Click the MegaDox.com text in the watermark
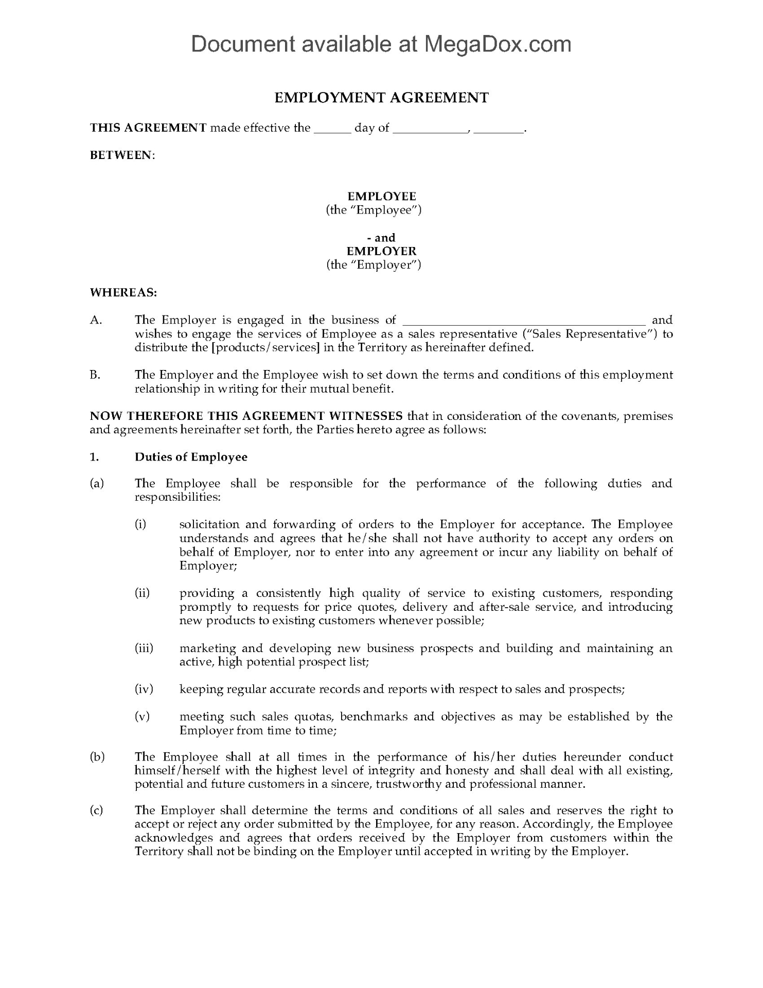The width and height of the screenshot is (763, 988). pos(497,44)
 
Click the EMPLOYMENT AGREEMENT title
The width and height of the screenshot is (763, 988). pos(381,98)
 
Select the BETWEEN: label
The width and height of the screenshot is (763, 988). pos(122,155)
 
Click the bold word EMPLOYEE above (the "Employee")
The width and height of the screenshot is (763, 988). pos(381,196)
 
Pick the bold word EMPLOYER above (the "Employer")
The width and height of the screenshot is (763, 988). pos(381,251)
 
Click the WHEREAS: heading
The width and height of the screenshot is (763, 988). pos(123,292)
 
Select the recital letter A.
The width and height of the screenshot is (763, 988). pos(96,320)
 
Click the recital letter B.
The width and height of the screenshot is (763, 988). pos(95,375)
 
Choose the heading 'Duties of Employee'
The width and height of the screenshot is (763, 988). pos(191,457)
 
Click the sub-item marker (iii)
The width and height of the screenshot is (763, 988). pos(144,648)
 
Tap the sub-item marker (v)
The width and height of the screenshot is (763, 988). pos(142,716)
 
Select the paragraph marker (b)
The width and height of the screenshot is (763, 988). pos(97,757)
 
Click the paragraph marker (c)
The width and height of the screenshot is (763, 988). pos(96,810)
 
